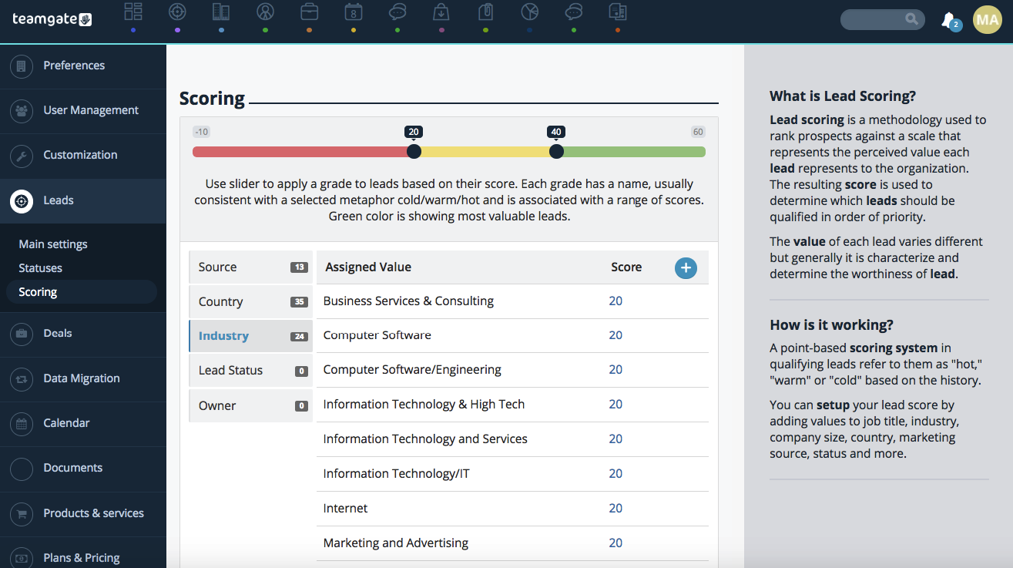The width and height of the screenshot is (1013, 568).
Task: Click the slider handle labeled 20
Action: tap(414, 152)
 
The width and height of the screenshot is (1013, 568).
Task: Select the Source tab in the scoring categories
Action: tap(250, 267)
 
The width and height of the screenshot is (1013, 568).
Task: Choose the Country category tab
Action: tap(250, 301)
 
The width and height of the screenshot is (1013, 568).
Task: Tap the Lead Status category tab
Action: tap(250, 370)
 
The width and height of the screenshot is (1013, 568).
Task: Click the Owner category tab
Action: tap(250, 405)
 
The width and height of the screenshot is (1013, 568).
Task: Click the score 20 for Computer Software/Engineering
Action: tap(616, 369)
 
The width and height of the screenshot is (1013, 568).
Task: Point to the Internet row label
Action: tap(345, 508)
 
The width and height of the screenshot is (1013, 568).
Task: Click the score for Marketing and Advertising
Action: tap(616, 543)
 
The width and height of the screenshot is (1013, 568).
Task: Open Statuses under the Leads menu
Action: tap(40, 268)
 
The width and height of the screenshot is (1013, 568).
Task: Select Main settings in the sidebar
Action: tap(53, 244)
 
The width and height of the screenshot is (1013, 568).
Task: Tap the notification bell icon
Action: tap(948, 20)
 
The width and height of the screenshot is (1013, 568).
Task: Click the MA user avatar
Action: tap(988, 19)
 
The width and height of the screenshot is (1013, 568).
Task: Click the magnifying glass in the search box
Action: tap(911, 19)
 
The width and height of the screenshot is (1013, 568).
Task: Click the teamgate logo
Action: tap(52, 19)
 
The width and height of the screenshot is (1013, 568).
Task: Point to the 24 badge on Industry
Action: tap(299, 336)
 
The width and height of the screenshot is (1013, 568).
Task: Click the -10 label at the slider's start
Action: tap(201, 132)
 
